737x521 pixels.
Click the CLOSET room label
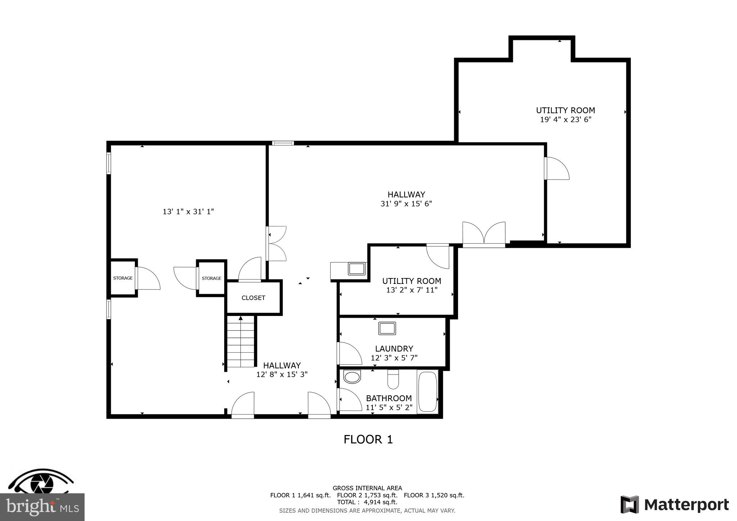(x=253, y=298)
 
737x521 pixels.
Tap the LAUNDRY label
(x=394, y=349)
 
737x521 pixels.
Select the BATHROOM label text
(x=389, y=398)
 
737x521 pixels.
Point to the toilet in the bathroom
(x=393, y=380)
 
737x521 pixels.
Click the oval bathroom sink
(x=352, y=377)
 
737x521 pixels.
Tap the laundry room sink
(x=387, y=329)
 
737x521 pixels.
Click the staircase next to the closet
(x=240, y=342)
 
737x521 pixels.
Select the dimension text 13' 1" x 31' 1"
(x=188, y=212)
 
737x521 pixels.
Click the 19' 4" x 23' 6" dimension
(x=566, y=119)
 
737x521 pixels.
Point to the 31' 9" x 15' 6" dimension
(x=406, y=204)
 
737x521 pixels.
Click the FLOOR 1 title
(x=368, y=439)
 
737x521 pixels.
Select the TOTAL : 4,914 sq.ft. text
(x=367, y=502)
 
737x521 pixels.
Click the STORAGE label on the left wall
(x=123, y=278)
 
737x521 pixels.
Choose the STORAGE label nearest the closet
(x=212, y=278)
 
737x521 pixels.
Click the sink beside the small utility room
(x=356, y=269)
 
